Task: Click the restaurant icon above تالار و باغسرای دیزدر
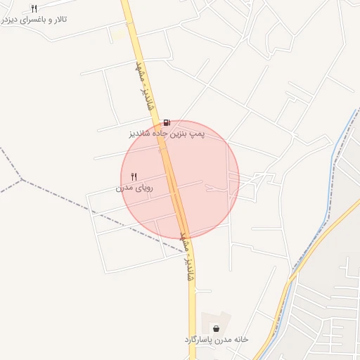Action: point(34,8)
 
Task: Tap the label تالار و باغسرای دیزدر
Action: point(34,19)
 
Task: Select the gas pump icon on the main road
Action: point(167,122)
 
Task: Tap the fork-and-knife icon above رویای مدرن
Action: point(134,176)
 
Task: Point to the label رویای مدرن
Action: point(134,188)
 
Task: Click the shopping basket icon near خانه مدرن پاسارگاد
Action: point(215,328)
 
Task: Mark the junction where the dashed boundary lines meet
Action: point(22,179)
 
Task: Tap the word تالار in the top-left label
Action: point(59,19)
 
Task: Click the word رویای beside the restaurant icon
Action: point(143,188)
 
